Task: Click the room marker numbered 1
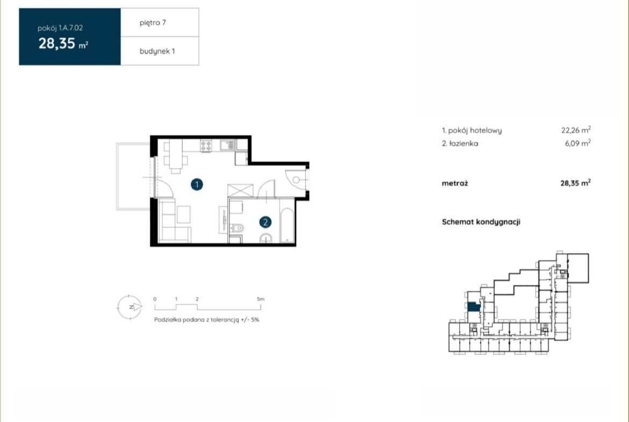click(x=197, y=184)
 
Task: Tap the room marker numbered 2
click(x=265, y=222)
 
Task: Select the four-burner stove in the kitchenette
click(x=206, y=146)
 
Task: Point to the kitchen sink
click(x=227, y=145)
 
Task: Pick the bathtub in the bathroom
click(x=287, y=225)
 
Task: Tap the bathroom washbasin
click(x=266, y=238)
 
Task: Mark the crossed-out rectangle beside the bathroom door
click(x=240, y=190)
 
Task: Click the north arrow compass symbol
click(x=130, y=307)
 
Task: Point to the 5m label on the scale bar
click(x=261, y=299)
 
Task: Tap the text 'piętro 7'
click(x=153, y=23)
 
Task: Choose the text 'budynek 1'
click(x=157, y=52)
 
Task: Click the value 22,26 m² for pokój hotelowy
click(x=576, y=130)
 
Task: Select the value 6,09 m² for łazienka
click(x=577, y=143)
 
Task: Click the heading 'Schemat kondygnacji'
click(x=481, y=222)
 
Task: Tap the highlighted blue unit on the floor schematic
click(x=474, y=307)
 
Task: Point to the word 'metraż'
click(x=455, y=183)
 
